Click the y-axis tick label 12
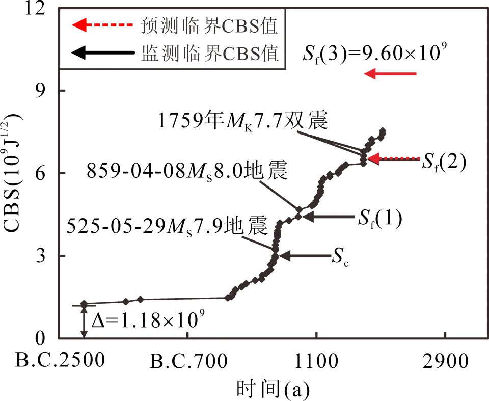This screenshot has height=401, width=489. point(40,9)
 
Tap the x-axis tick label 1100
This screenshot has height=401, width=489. point(316,362)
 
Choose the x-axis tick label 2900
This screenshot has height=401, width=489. point(446,362)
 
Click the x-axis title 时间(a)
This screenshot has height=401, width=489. point(273,390)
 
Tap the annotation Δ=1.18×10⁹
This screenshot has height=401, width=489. point(148,321)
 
